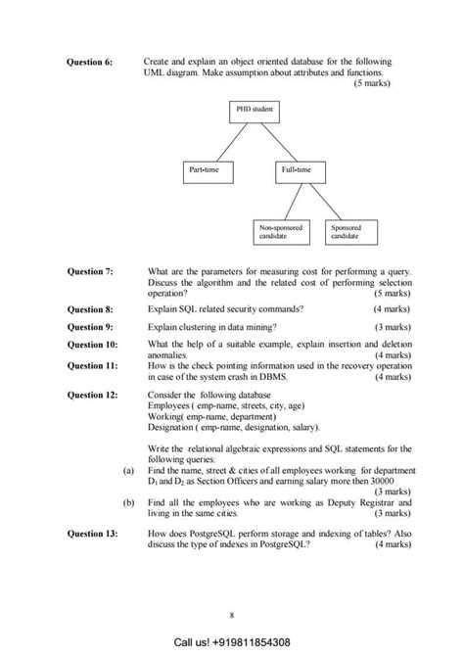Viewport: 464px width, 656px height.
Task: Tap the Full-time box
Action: coord(297,170)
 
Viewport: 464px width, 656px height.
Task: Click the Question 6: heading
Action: coord(89,62)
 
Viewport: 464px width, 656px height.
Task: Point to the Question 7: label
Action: coord(89,270)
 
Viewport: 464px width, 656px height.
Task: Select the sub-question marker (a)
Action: coord(128,470)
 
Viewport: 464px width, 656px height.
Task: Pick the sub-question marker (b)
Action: coord(128,501)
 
